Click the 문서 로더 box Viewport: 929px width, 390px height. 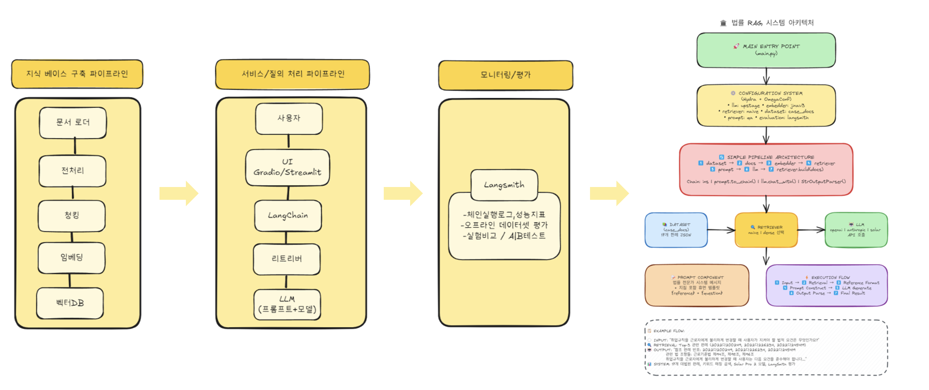pos(73,123)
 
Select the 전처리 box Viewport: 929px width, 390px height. pos(72,171)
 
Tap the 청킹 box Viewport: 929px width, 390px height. pos(72,216)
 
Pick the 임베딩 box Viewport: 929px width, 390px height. pos(72,258)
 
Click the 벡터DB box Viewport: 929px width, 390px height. pos(70,303)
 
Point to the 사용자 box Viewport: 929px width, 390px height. pos(289,119)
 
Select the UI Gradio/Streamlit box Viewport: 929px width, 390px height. pos(287,167)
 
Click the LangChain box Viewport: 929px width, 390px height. pos(288,216)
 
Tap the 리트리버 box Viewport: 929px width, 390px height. pos(287,259)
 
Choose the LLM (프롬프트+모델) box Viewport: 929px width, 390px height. pos(287,304)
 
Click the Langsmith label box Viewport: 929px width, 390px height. pos(504,185)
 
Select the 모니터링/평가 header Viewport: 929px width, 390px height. pos(505,75)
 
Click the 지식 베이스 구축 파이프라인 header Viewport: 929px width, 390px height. pos(77,74)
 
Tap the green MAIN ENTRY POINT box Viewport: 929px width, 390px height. pos(766,50)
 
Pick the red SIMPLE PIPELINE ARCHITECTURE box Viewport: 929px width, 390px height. pos(766,169)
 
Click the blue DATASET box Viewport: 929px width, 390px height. pos(676,230)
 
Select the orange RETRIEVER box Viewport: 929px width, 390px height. pos(766,230)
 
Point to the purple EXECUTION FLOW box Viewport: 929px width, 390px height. pos(827,285)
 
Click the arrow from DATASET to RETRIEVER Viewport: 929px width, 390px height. pos(721,230)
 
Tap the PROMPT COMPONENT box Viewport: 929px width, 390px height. pos(697,285)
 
